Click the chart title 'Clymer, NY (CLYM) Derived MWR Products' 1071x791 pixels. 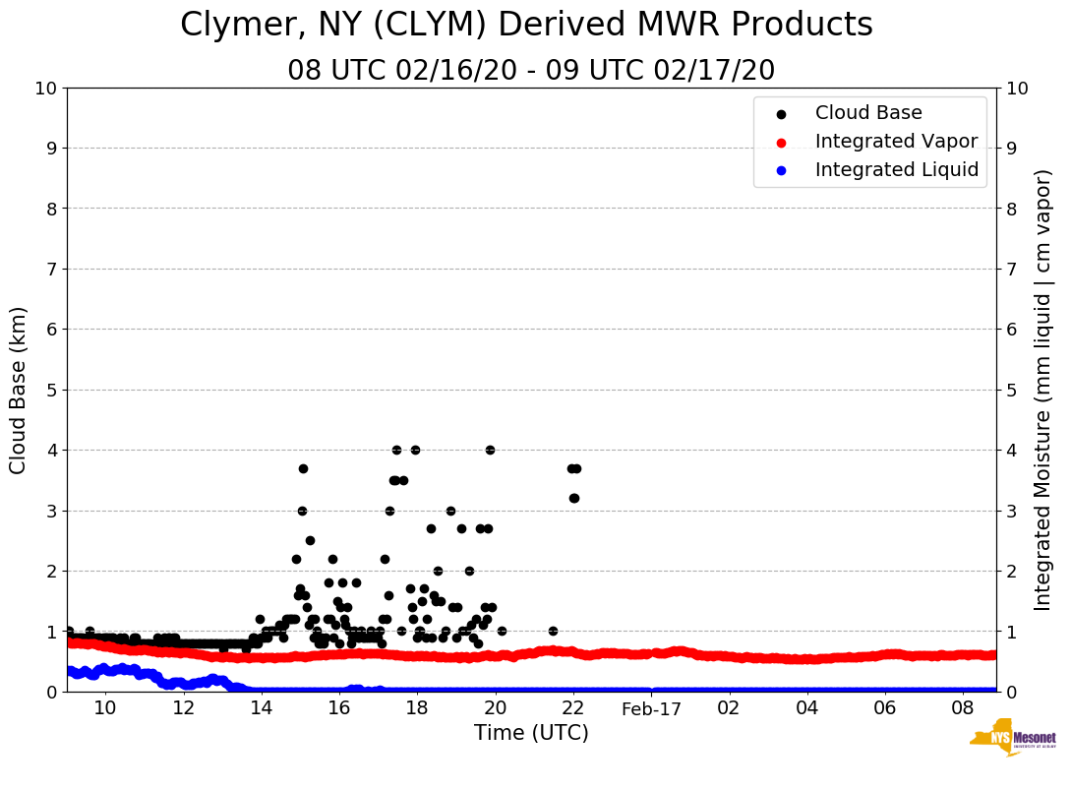pyautogui.click(x=526, y=26)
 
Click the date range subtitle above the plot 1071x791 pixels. pyautogui.click(x=531, y=71)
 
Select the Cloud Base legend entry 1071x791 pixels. pyautogui.click(x=868, y=113)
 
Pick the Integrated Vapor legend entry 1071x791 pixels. pyautogui.click(x=896, y=142)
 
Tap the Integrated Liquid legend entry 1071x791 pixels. pyautogui.click(x=896, y=170)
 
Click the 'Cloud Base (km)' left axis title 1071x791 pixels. pyautogui.click(x=19, y=390)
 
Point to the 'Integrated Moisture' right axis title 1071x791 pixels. pyautogui.click(x=1043, y=390)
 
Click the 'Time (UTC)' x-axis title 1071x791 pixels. pyautogui.click(x=531, y=733)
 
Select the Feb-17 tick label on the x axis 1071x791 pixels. pyautogui.click(x=651, y=708)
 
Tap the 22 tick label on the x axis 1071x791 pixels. pyautogui.click(x=573, y=708)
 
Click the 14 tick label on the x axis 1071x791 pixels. pyautogui.click(x=261, y=708)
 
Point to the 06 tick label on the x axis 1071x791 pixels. pyautogui.click(x=885, y=708)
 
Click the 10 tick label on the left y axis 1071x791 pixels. pyautogui.click(x=45, y=89)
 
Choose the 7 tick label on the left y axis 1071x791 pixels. pyautogui.click(x=51, y=269)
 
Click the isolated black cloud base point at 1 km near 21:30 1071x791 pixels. pyautogui.click(x=553, y=631)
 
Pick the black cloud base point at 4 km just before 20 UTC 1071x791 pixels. pyautogui.click(x=490, y=450)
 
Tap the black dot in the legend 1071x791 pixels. pyautogui.click(x=781, y=114)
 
